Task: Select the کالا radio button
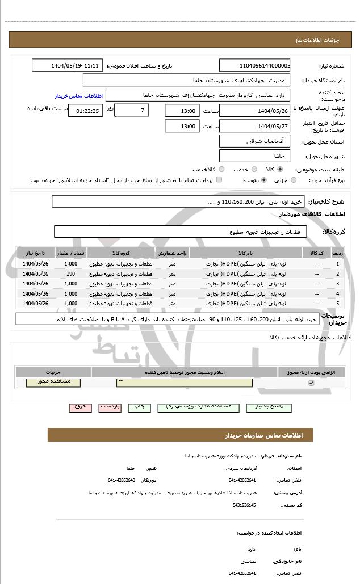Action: click(280, 169)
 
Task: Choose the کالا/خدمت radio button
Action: click(221, 169)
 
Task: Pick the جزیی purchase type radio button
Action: click(294, 180)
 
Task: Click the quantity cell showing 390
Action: click(71, 274)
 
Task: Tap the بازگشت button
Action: click(110, 407)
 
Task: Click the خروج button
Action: click(80, 407)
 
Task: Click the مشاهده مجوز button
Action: click(53, 383)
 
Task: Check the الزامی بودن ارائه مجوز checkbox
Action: click(311, 383)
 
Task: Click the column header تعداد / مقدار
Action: click(71, 253)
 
